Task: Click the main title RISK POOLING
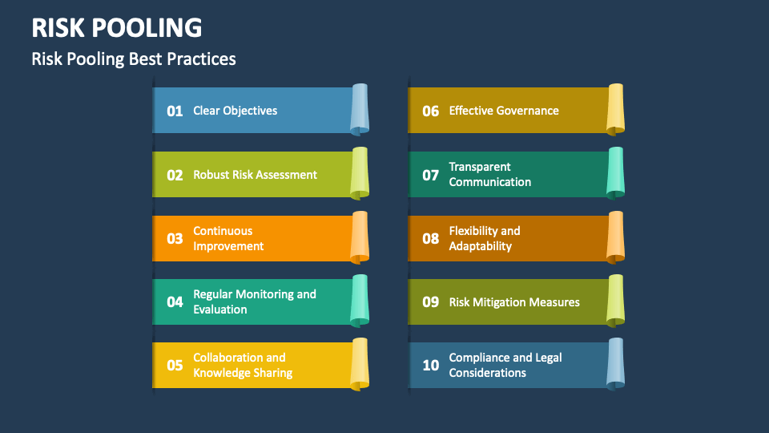(x=117, y=27)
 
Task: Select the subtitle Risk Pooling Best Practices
(x=134, y=59)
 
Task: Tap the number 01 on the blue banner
(x=175, y=111)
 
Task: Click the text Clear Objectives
(x=236, y=111)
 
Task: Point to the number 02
(x=175, y=175)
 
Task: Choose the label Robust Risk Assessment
(x=255, y=175)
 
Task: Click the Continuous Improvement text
(x=227, y=238)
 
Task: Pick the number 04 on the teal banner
(x=175, y=302)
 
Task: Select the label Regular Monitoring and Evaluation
(x=255, y=301)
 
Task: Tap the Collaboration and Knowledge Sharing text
(x=243, y=365)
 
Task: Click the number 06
(x=431, y=111)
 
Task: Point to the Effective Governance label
(x=504, y=111)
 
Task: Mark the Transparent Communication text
(x=489, y=174)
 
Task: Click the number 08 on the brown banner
(x=431, y=239)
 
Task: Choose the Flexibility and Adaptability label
(x=484, y=238)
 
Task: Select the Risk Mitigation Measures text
(x=514, y=302)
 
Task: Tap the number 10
(x=431, y=366)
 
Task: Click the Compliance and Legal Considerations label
(x=505, y=365)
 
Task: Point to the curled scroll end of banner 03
(x=360, y=237)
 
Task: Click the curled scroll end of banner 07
(x=615, y=172)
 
